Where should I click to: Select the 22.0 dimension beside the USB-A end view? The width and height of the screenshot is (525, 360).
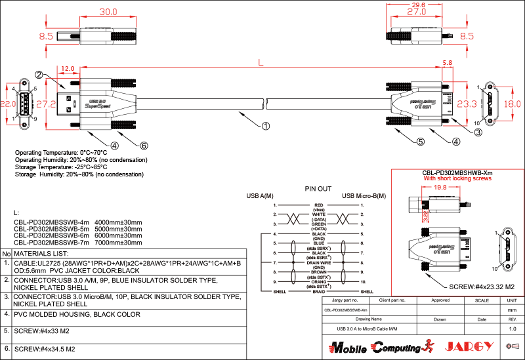pos(7,104)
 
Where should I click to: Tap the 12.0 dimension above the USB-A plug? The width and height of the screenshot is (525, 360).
pos(68,68)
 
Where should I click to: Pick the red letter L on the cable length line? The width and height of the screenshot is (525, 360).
pos(261,63)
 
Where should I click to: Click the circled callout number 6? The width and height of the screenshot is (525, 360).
pos(144,146)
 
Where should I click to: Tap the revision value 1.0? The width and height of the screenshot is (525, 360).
pos(513,328)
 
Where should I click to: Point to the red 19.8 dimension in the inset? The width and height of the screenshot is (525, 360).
pos(440,187)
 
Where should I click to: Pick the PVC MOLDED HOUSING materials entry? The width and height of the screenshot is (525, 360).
pos(77,315)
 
